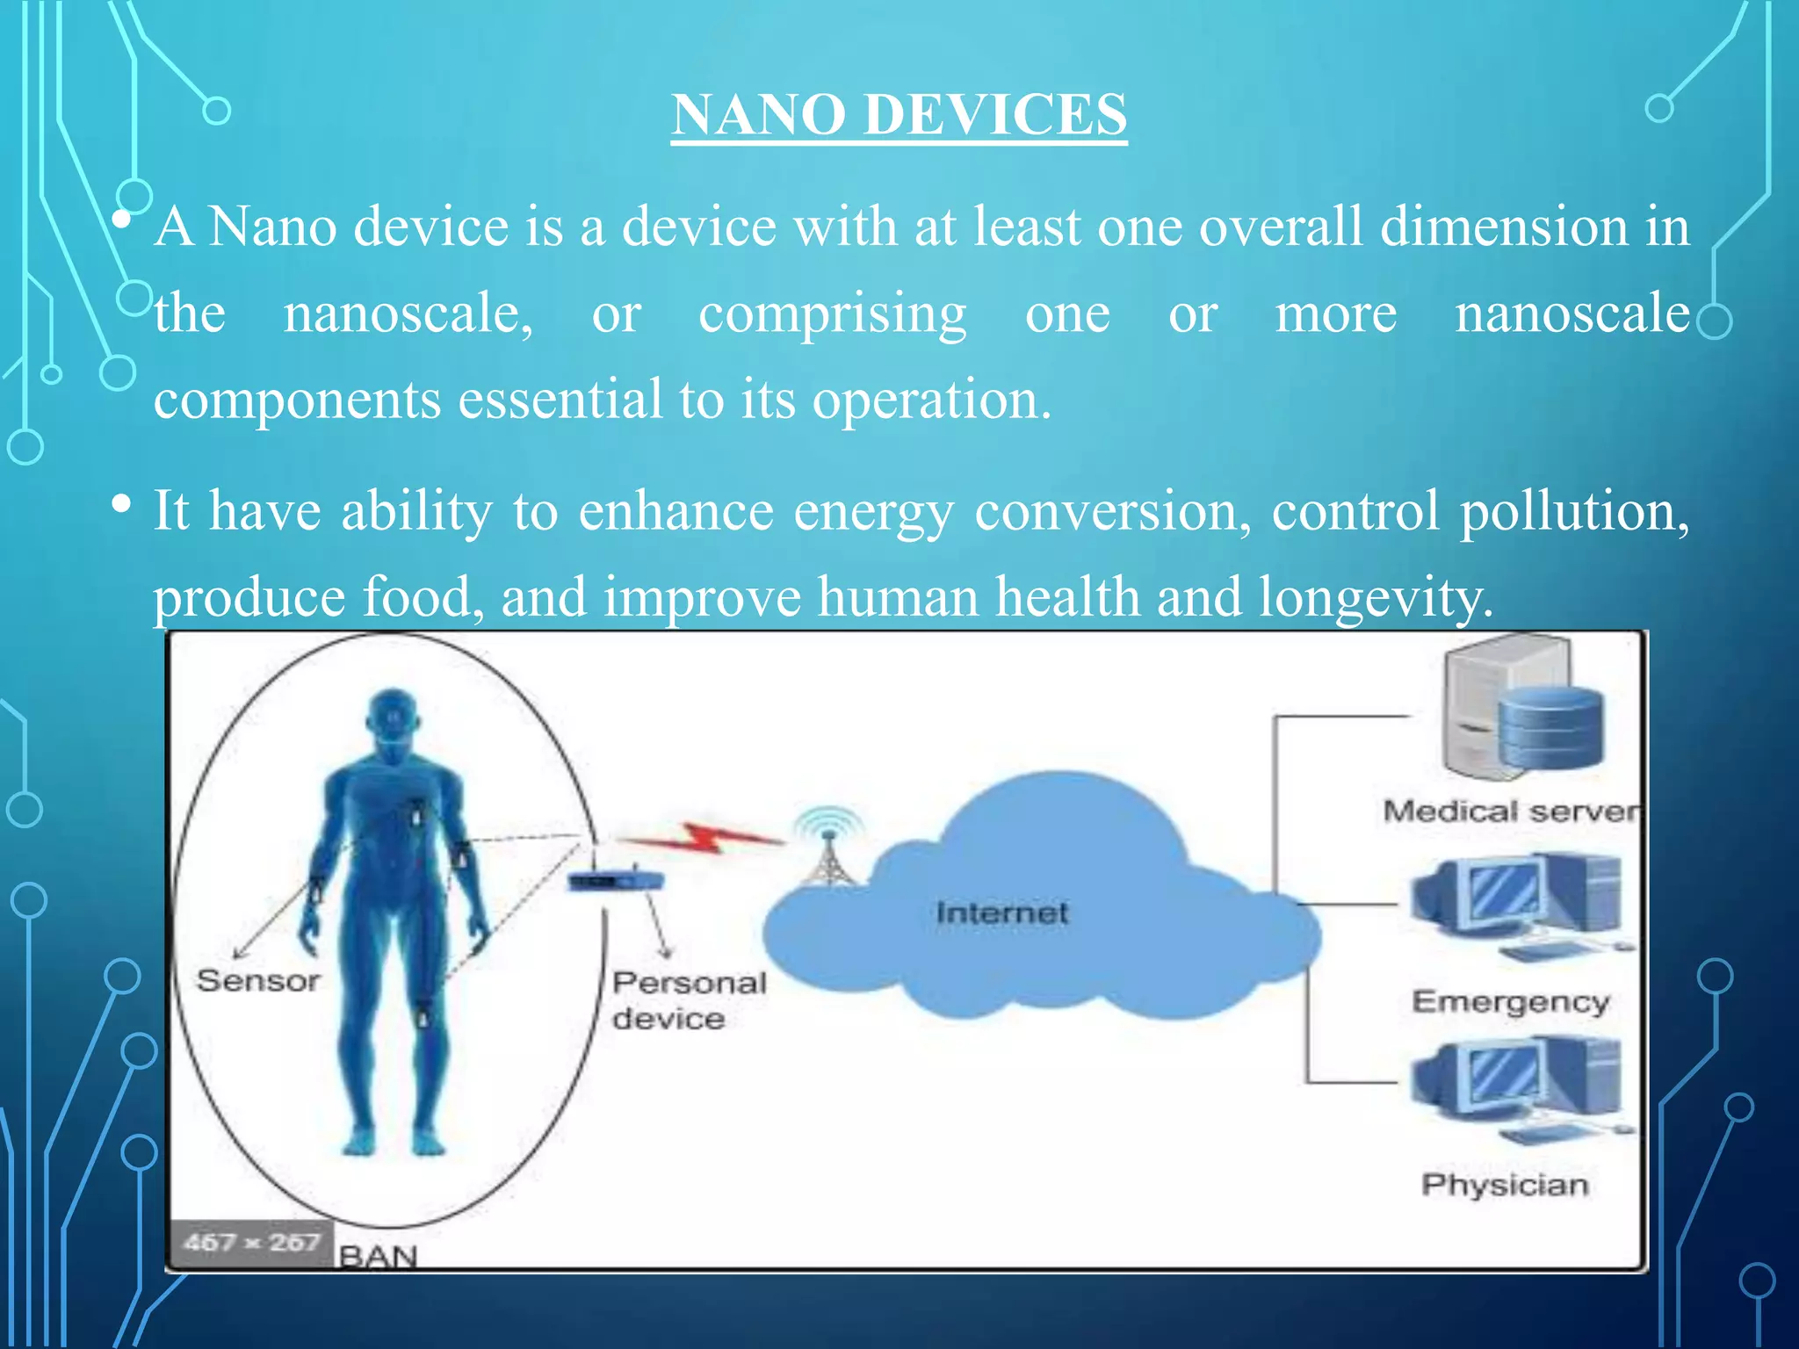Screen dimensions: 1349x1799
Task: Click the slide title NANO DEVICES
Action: (x=899, y=115)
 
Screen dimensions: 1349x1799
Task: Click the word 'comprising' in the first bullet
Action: (x=832, y=314)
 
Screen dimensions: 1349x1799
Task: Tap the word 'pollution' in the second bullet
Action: (x=1573, y=511)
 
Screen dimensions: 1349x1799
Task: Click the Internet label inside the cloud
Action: (x=1002, y=913)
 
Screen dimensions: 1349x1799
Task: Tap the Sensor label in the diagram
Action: (x=258, y=981)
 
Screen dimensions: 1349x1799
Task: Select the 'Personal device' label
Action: (x=688, y=1000)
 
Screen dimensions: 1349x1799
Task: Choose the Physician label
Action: (x=1505, y=1186)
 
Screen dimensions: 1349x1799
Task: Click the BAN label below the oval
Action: (x=378, y=1257)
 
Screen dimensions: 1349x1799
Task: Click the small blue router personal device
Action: (x=613, y=880)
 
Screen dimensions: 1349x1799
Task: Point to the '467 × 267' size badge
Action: (x=251, y=1243)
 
